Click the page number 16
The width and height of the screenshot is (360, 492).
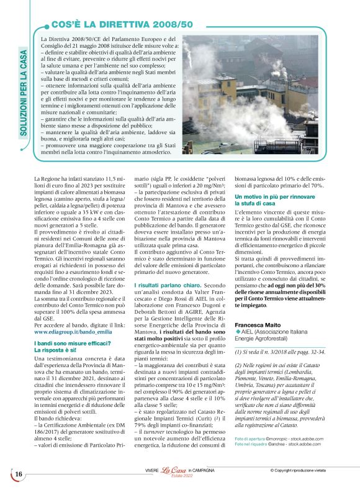point(19,474)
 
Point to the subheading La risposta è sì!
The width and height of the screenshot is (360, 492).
point(60,350)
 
